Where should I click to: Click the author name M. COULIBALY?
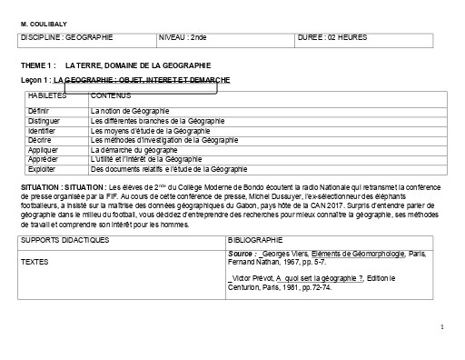coord(42,23)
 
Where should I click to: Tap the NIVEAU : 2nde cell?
coord(183,37)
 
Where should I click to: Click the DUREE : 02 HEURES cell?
coord(332,37)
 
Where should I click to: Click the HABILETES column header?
coord(48,95)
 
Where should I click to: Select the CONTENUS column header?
coord(112,95)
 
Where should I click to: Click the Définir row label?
coord(39,110)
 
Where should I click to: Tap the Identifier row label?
coord(43,130)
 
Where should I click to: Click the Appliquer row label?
coord(43,150)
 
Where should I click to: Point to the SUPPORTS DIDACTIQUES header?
coord(64,239)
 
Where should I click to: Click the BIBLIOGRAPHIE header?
coord(258,239)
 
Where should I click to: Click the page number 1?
coord(441,325)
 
